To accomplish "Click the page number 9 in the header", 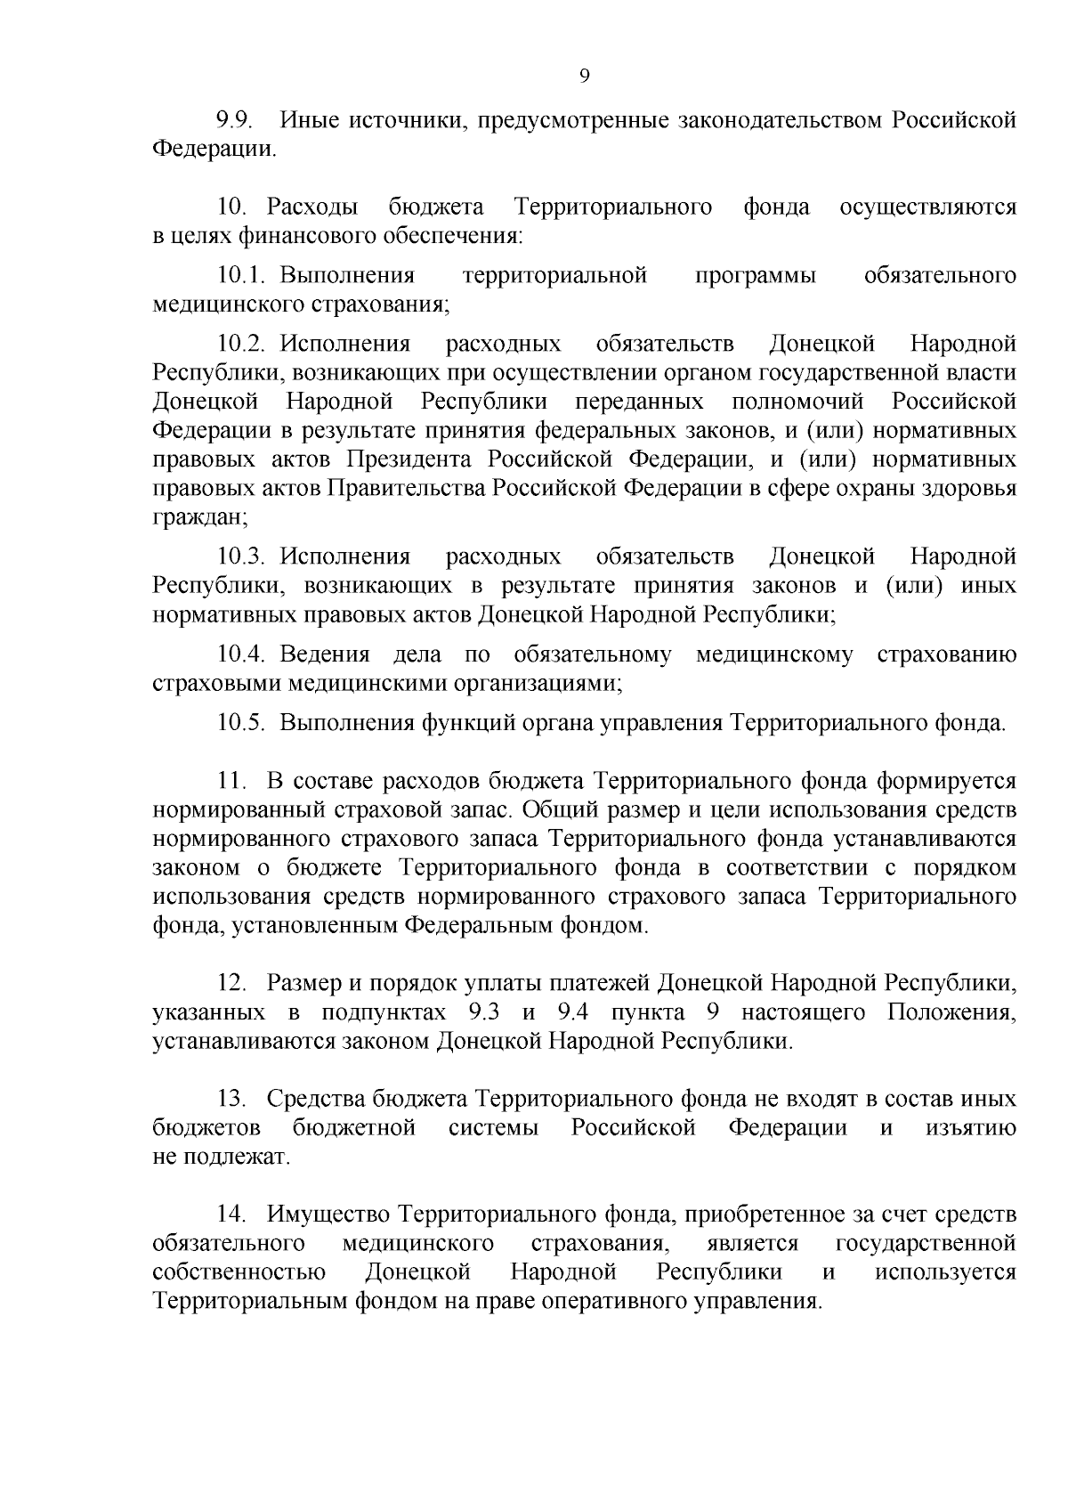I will pos(584,77).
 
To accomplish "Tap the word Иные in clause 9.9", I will pos(309,120).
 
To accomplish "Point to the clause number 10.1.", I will pos(245,275).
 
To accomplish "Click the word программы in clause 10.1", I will pos(755,275).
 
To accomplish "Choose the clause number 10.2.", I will pos(245,344).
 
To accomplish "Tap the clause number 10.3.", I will pos(245,556).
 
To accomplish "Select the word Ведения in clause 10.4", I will pos(324,654).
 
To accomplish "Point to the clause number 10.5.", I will pos(243,722).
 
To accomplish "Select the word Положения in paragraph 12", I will pos(951,1012).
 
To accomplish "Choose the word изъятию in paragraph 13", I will pos(971,1128).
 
